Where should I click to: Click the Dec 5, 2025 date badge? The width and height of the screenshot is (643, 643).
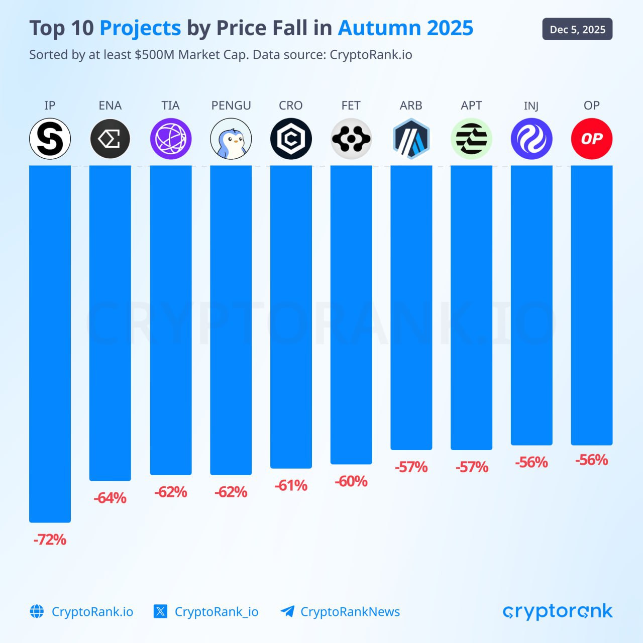577,29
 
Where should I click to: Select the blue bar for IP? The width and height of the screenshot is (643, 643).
50,344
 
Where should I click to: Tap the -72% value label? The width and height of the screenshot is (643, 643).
50,540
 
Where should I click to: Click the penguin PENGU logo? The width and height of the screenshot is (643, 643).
231,139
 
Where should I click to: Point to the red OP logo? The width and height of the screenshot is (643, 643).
591,139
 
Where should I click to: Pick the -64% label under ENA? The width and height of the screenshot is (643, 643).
110,498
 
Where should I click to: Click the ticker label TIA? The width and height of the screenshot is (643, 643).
170,105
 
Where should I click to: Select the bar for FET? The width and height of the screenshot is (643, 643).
351,314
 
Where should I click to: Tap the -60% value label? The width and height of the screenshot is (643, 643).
351,481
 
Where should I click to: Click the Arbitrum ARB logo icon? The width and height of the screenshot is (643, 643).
411,139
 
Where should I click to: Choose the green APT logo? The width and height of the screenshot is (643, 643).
471,139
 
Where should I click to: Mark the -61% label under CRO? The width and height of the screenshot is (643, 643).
291,485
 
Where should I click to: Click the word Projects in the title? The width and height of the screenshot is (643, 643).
140,28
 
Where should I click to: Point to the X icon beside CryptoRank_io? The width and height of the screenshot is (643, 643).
160,611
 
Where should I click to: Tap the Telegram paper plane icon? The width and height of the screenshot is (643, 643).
287,611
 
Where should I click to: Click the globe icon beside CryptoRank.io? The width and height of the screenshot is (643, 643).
37,611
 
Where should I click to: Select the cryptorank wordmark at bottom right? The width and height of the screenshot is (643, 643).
557,611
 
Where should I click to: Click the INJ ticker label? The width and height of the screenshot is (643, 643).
531,105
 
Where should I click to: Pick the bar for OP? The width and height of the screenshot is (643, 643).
591,305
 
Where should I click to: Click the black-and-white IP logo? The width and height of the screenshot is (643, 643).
50,139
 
